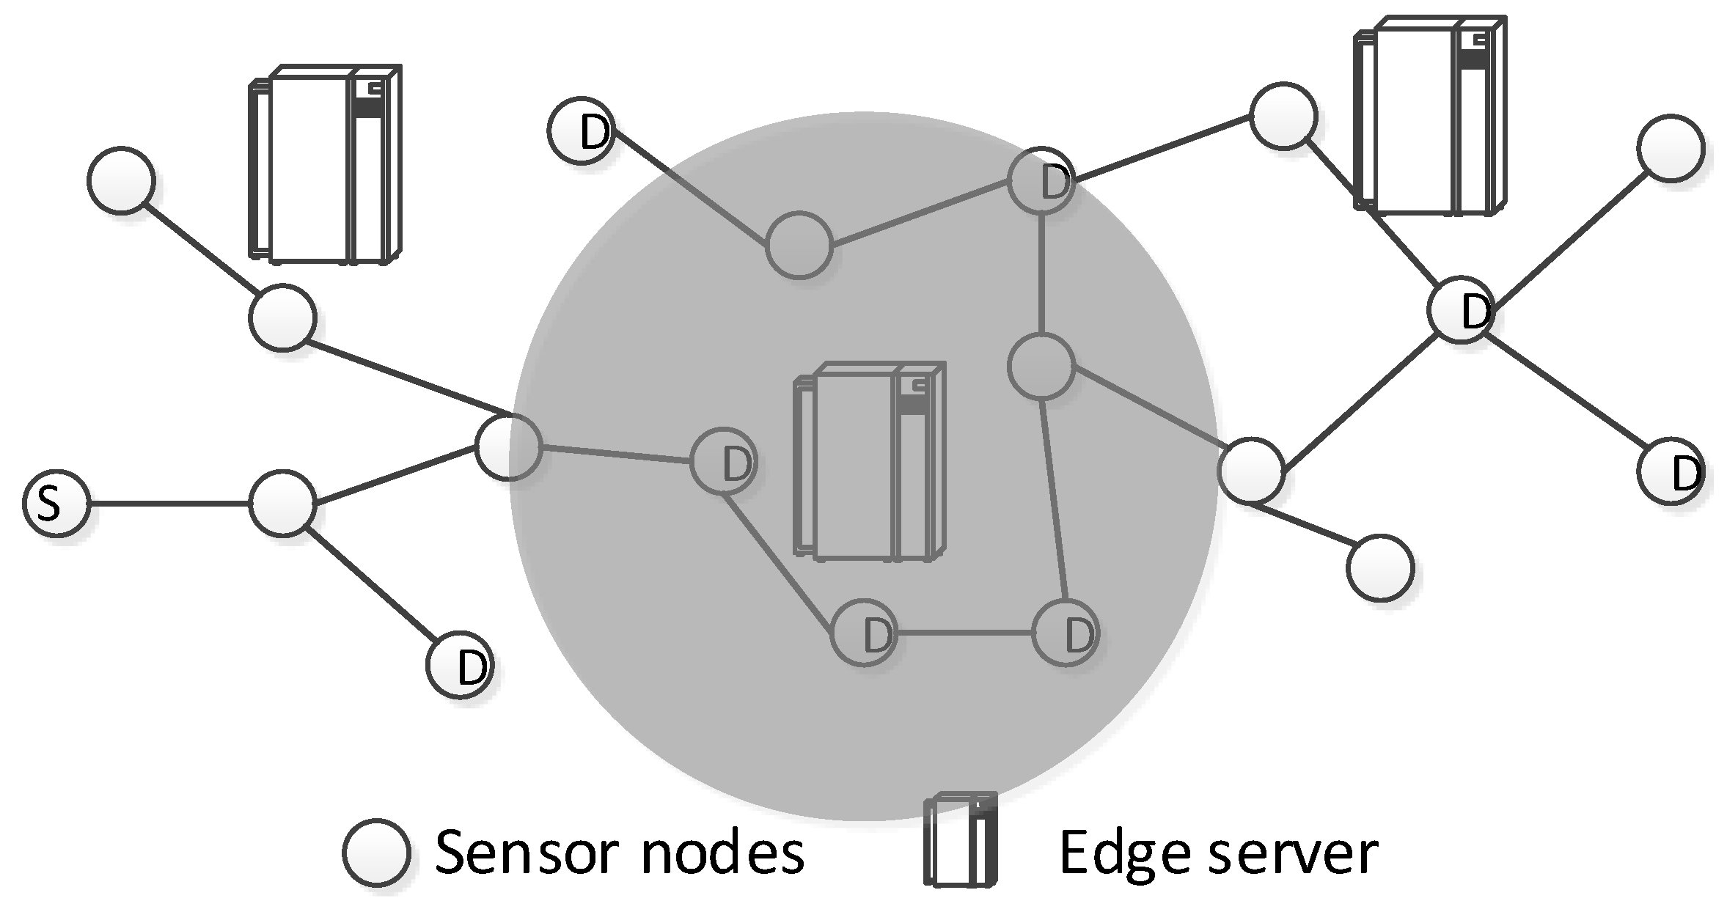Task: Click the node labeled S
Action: coord(56,504)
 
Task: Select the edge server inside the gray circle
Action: coord(870,462)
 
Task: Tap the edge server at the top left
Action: coord(325,164)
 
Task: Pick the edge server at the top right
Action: coord(1429,116)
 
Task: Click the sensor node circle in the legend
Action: coord(376,853)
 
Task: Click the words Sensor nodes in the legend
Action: coord(620,852)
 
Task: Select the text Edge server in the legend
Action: coord(1217,852)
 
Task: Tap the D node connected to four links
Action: coord(1461,309)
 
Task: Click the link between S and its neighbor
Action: coord(169,504)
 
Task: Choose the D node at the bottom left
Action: coord(461,665)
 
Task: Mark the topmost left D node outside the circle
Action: coord(582,130)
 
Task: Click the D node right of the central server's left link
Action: coord(723,462)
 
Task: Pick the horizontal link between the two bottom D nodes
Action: coord(964,632)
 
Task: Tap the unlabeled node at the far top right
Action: coord(1671,147)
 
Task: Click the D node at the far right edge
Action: coord(1671,471)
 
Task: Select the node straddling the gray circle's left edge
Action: coord(508,446)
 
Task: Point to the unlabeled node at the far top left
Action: coord(121,180)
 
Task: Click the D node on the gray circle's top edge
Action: coord(1041,180)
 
